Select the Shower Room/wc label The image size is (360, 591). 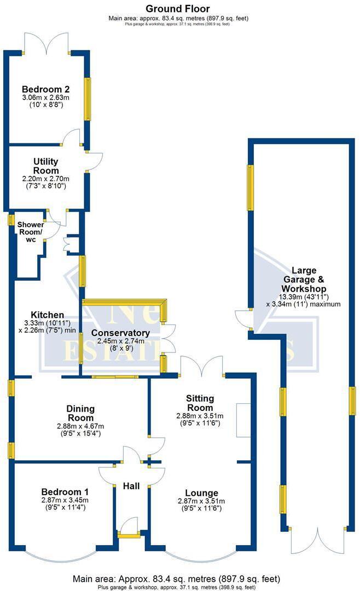[x=30, y=229]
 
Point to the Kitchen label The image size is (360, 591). [x=47, y=315]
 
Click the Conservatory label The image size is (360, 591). [x=120, y=333]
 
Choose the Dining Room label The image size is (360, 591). [x=80, y=409]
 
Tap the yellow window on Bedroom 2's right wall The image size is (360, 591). [x=87, y=99]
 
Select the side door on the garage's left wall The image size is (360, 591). [x=242, y=320]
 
